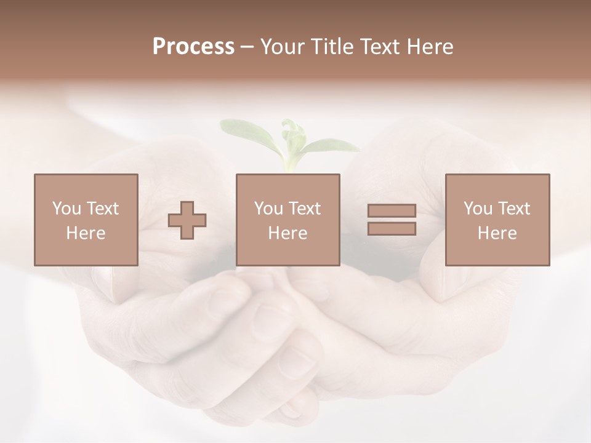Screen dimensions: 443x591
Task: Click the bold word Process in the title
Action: (193, 47)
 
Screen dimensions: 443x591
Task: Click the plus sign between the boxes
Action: (188, 220)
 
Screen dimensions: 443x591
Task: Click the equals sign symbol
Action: (392, 220)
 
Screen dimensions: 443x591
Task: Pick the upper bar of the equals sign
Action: (392, 211)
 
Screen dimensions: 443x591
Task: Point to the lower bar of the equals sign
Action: (392, 229)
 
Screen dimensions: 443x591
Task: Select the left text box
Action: (86, 220)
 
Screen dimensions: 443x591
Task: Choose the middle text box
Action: (288, 220)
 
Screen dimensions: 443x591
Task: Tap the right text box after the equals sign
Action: (497, 220)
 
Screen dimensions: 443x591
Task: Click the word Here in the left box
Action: (86, 233)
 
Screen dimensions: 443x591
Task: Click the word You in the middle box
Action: (268, 209)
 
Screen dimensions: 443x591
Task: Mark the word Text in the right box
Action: (514, 209)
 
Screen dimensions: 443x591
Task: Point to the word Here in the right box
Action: (497, 233)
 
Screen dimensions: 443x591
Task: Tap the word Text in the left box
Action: (103, 209)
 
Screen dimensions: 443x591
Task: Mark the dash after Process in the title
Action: (247, 47)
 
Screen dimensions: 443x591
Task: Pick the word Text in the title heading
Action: (379, 47)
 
